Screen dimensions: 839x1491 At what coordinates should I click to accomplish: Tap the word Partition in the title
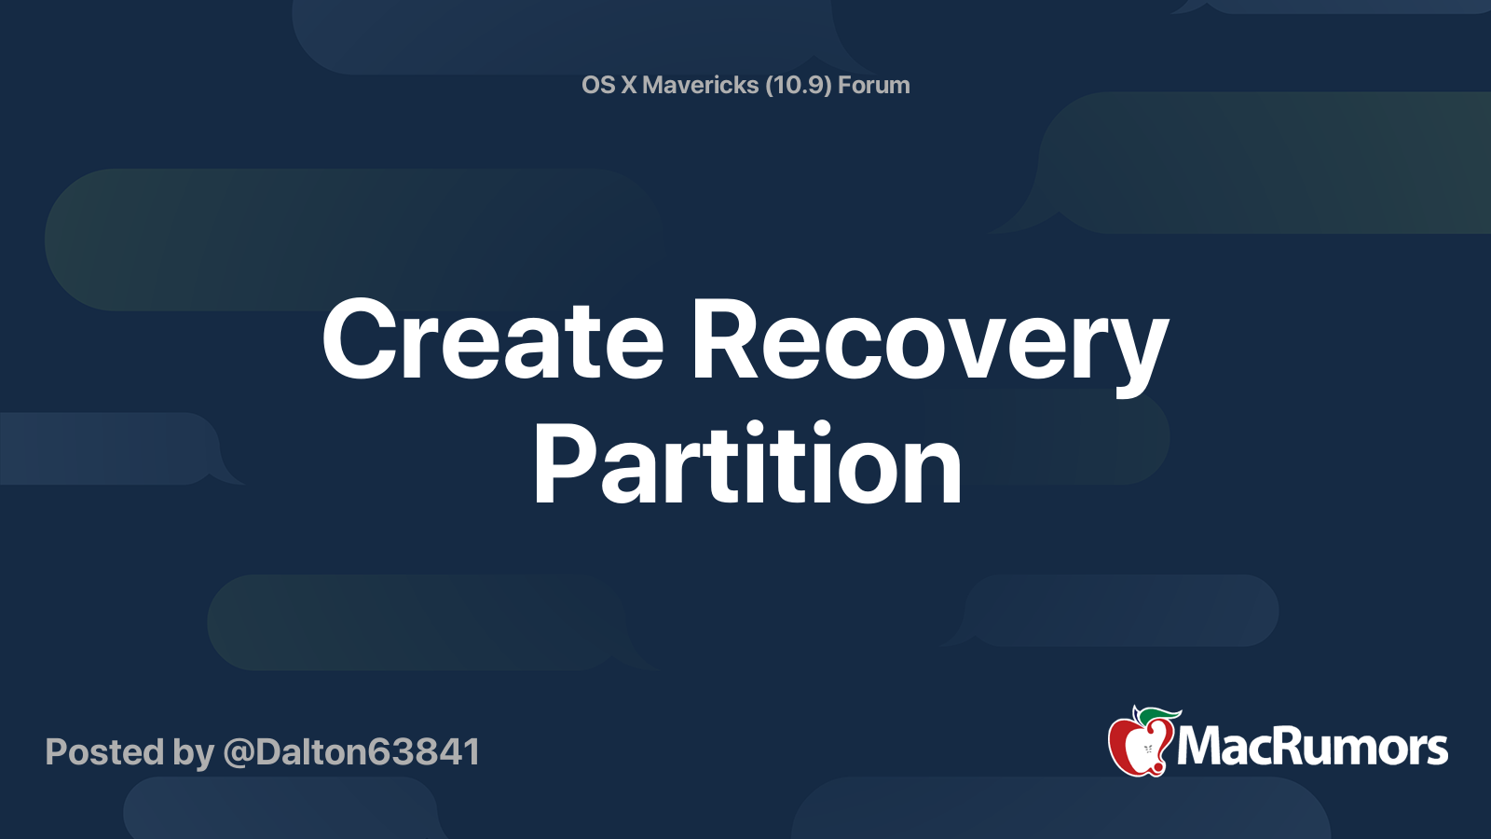coord(747,464)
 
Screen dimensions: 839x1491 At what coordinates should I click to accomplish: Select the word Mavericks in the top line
coord(701,85)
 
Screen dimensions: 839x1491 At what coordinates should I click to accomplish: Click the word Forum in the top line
coord(874,85)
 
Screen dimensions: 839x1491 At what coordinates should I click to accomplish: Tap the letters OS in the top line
coord(598,85)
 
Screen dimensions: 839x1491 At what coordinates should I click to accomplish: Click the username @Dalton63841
coord(351,752)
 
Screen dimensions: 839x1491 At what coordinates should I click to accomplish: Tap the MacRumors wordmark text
coord(1312,747)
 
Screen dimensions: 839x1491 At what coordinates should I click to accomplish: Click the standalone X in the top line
coord(629,85)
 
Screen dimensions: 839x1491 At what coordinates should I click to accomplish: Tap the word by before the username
coord(193,752)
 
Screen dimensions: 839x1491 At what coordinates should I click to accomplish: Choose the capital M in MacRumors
coord(1200,747)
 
